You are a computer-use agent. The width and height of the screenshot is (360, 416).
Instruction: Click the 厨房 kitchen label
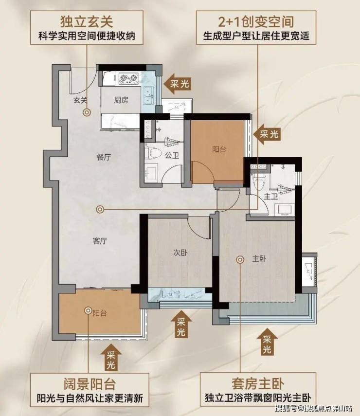tap(121, 100)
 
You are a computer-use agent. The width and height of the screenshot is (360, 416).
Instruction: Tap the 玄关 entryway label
tap(80, 100)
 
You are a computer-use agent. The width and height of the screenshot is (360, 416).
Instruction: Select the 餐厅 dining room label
tap(104, 157)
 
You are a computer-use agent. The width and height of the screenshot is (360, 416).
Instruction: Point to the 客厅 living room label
tap(100, 241)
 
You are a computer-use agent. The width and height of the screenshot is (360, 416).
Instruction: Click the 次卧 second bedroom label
tap(180, 253)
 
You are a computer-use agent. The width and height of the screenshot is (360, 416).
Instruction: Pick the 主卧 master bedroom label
tap(259, 259)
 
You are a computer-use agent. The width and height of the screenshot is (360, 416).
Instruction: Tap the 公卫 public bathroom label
tap(172, 155)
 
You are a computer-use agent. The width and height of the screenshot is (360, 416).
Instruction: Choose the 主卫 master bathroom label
tap(270, 197)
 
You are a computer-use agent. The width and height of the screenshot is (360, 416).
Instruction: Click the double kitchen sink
tap(148, 95)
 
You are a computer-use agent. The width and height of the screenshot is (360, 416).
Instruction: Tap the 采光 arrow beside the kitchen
tap(177, 84)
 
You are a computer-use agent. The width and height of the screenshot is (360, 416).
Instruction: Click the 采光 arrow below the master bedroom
tap(267, 342)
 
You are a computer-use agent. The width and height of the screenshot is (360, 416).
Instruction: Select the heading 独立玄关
tap(87, 22)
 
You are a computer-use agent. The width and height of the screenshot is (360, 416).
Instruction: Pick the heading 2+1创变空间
tap(256, 22)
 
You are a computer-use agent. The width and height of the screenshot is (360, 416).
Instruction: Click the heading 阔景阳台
tap(90, 383)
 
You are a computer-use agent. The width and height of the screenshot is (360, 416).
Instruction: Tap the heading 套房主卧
tap(258, 383)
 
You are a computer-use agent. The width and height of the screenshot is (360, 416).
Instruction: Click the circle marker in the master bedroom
tap(240, 260)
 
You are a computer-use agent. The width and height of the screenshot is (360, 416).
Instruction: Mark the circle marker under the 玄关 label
tap(87, 112)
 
